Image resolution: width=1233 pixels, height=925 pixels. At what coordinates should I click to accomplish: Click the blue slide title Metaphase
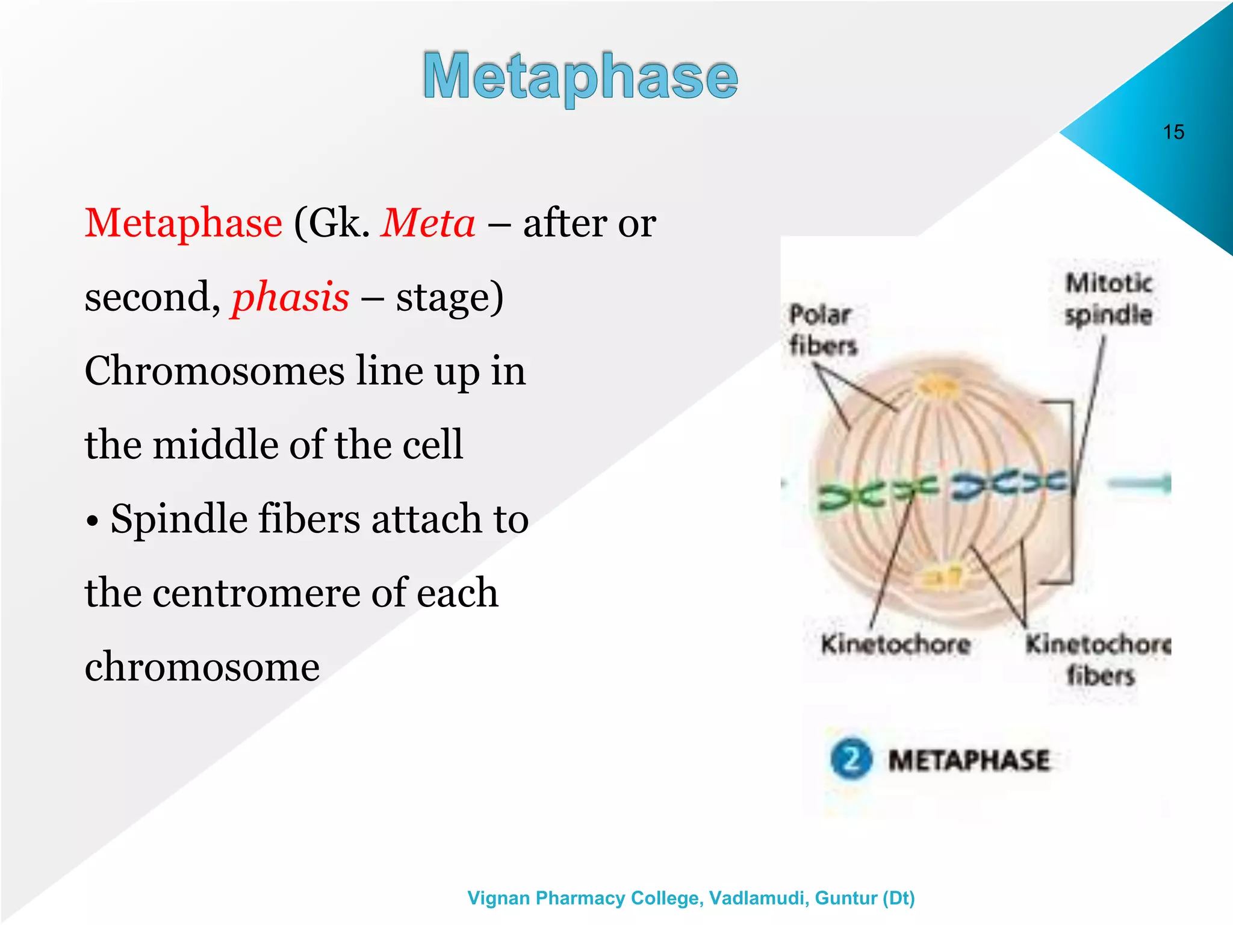pyautogui.click(x=580, y=77)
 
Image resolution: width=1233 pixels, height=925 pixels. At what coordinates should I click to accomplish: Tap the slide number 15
pyautogui.click(x=1173, y=132)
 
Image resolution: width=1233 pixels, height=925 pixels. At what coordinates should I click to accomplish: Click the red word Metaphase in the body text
pyautogui.click(x=183, y=223)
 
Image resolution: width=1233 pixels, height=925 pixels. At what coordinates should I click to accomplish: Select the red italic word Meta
pyautogui.click(x=427, y=223)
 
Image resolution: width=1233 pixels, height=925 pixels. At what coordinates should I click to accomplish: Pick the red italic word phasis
pyautogui.click(x=290, y=297)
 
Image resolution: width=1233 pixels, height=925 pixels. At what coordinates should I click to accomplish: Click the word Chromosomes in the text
pyautogui.click(x=214, y=371)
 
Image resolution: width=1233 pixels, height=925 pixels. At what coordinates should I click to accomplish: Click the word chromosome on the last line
pyautogui.click(x=202, y=667)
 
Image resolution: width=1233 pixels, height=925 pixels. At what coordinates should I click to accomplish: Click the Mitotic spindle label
pyautogui.click(x=1108, y=299)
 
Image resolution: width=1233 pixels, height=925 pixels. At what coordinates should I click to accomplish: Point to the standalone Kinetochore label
pyautogui.click(x=895, y=644)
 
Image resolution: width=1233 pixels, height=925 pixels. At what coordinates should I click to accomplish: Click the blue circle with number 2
pyautogui.click(x=851, y=759)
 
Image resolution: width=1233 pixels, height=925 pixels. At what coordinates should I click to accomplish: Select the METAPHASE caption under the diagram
pyautogui.click(x=969, y=760)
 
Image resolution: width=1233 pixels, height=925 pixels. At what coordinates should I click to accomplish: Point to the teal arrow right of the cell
pyautogui.click(x=1139, y=483)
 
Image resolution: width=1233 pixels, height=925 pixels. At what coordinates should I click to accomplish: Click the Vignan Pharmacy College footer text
pyautogui.click(x=691, y=898)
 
